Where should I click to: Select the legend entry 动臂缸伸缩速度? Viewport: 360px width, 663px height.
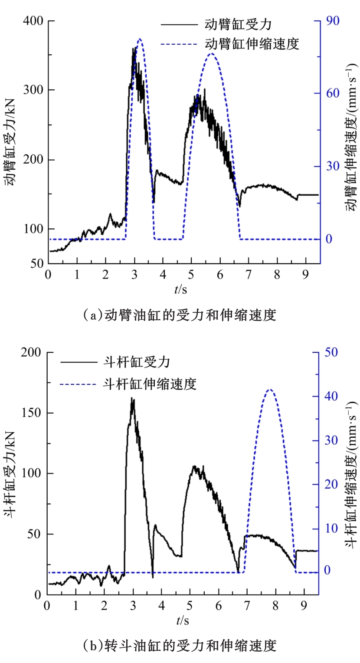click(x=252, y=44)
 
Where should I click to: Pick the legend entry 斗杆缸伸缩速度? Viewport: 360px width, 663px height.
click(x=150, y=384)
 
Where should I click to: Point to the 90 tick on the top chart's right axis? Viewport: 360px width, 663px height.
click(x=331, y=20)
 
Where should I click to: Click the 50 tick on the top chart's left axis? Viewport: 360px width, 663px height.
click(x=37, y=263)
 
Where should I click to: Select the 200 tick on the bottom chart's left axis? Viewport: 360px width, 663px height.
click(x=33, y=352)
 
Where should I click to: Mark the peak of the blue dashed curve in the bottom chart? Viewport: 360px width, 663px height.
click(x=270, y=389)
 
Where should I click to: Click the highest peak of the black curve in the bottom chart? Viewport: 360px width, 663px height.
click(x=132, y=398)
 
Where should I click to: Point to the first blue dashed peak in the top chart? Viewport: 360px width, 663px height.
click(x=140, y=39)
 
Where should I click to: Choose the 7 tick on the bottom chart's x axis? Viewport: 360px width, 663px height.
click(x=247, y=605)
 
